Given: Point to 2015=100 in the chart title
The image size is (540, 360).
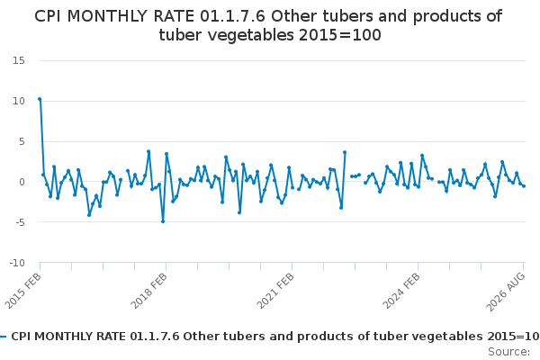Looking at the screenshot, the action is click(x=340, y=35).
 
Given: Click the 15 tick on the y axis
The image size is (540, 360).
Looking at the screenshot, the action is click(x=19, y=60).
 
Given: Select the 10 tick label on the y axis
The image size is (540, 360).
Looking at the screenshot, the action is click(x=19, y=101).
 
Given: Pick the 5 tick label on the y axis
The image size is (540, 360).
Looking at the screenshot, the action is click(x=22, y=141).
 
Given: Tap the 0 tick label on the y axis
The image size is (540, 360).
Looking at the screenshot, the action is click(x=22, y=182).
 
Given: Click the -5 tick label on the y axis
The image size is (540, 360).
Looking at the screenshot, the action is click(x=21, y=222).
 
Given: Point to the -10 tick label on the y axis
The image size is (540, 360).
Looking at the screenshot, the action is click(x=17, y=263).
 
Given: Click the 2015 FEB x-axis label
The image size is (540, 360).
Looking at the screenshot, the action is click(x=23, y=291).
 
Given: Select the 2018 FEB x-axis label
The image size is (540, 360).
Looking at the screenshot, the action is click(x=149, y=291).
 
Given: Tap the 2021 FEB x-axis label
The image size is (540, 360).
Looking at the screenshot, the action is click(x=275, y=291).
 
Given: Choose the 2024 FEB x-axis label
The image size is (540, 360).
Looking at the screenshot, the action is click(x=401, y=291).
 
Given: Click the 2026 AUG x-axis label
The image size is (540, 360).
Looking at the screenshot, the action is click(x=506, y=292).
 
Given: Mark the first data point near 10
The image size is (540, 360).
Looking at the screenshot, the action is click(x=40, y=99).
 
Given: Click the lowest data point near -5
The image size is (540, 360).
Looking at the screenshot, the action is click(x=163, y=221).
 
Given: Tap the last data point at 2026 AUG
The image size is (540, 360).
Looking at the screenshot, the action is click(x=524, y=186).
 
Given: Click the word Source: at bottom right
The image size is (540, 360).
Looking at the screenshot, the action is click(x=508, y=352).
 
